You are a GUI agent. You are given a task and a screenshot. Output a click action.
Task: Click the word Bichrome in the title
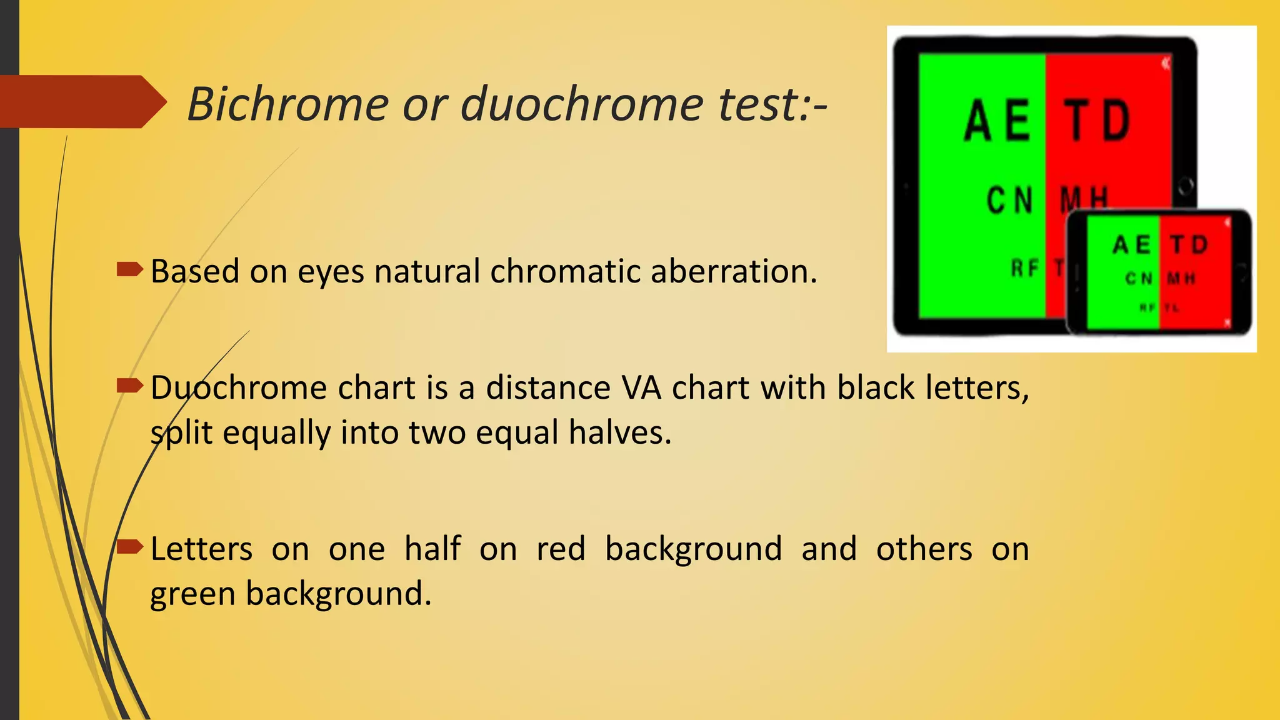pos(288,104)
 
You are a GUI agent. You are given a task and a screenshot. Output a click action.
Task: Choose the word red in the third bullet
pos(561,549)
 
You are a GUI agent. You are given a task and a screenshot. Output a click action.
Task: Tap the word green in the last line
pos(193,594)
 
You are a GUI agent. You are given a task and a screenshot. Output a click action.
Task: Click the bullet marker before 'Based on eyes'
pos(130,270)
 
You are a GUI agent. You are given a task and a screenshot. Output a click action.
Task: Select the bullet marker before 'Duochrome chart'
pos(130,386)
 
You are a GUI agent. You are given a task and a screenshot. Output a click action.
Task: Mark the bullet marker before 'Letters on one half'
pos(130,547)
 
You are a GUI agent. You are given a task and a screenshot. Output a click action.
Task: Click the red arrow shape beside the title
pos(81,102)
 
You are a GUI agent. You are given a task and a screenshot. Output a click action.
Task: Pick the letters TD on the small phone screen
pos(1189,244)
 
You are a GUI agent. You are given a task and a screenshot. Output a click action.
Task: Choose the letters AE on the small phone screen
pos(1132,244)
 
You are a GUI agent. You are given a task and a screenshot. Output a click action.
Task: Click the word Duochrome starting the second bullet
pos(238,387)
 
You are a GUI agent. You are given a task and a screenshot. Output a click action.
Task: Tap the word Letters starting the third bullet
pos(201,549)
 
